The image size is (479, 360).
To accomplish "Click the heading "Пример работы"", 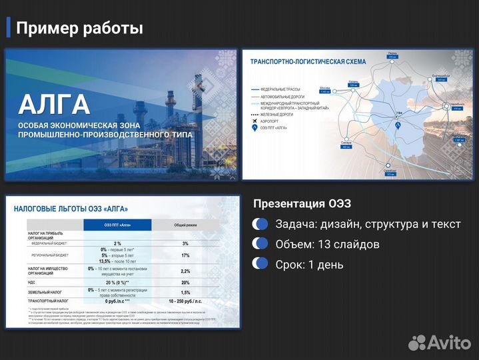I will click(x=79, y=28).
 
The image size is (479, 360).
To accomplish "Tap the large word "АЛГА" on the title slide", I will click(x=53, y=105).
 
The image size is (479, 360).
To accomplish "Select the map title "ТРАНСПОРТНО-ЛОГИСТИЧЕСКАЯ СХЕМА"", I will click(x=308, y=61).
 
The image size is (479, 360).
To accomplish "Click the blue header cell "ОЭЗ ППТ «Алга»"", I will click(x=117, y=225).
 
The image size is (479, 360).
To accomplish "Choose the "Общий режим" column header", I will click(x=185, y=225).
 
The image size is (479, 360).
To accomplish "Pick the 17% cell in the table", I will click(x=185, y=255).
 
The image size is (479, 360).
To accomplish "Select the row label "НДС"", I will click(x=32, y=282).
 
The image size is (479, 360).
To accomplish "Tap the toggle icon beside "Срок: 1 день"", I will click(x=260, y=265).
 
